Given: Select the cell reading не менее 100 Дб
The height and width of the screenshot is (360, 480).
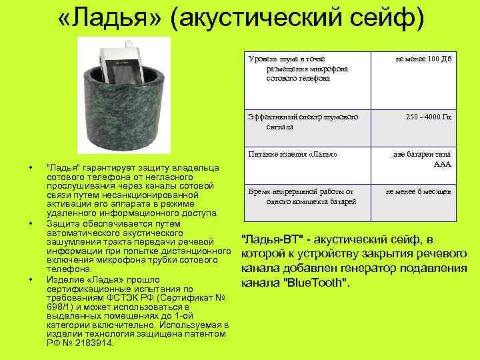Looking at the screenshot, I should pos(423,60).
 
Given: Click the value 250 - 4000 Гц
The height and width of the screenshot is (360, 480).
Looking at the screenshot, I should pos(429,117).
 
